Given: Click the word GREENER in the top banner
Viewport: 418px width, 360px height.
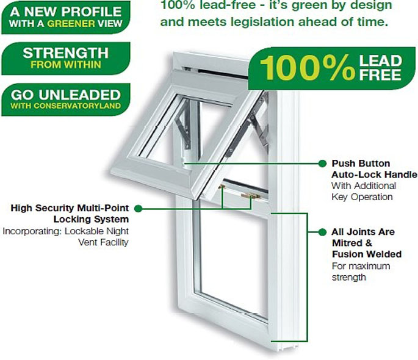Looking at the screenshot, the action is click(71, 23).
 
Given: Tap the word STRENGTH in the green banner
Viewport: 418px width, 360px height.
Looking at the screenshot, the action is click(65, 52).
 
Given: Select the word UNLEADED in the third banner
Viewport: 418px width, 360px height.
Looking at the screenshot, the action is click(80, 95).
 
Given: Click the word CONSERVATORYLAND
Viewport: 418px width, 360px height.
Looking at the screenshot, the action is click(77, 106).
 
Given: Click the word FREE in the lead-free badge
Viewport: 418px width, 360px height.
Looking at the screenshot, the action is click(380, 75).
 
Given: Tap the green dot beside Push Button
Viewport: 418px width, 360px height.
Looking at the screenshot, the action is click(322, 164).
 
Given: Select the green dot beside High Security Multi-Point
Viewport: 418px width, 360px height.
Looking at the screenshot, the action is click(138, 209).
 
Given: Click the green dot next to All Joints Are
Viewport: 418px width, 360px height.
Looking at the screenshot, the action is click(322, 232).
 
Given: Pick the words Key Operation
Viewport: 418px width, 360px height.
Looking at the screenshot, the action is click(362, 197).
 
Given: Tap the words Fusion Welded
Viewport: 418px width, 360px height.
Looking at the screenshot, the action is click(367, 254).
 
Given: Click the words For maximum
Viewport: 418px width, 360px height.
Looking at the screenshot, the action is click(361, 266).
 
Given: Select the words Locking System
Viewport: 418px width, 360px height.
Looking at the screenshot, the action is click(91, 219).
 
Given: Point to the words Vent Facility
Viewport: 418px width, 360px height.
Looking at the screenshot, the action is click(103, 242).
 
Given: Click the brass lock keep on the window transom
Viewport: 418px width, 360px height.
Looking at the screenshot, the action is click(250, 196).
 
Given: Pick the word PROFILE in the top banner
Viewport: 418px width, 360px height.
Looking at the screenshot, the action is click(93, 12).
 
